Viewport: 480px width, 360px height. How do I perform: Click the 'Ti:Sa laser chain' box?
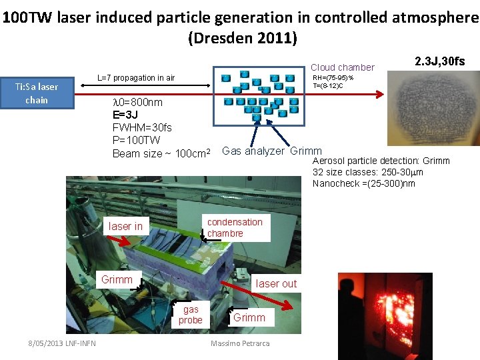pos(37,93)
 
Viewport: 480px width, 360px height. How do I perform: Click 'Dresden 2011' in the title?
pos(243,37)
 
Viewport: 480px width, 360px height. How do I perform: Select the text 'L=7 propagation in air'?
pos(136,78)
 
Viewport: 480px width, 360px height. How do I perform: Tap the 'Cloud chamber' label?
pos(343,67)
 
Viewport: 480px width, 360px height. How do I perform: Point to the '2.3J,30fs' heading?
pos(439,62)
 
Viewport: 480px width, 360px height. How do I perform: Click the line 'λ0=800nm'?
pos(137,102)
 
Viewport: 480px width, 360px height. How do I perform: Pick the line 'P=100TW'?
pos(137,140)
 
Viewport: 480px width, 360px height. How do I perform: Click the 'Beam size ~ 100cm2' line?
pos(162,153)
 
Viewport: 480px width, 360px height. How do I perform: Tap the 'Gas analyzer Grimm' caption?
pos(271,151)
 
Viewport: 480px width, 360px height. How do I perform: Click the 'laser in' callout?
pos(125,227)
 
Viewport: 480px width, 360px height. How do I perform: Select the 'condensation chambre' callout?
pos(235,227)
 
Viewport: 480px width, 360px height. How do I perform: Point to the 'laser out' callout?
pos(276,283)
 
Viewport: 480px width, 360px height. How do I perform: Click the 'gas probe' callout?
pos(191,315)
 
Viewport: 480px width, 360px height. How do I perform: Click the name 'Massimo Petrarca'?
pos(239,343)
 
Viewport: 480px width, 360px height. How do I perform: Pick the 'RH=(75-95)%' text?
pos(333,78)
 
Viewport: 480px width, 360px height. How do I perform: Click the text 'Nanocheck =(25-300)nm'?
pos(363,183)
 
